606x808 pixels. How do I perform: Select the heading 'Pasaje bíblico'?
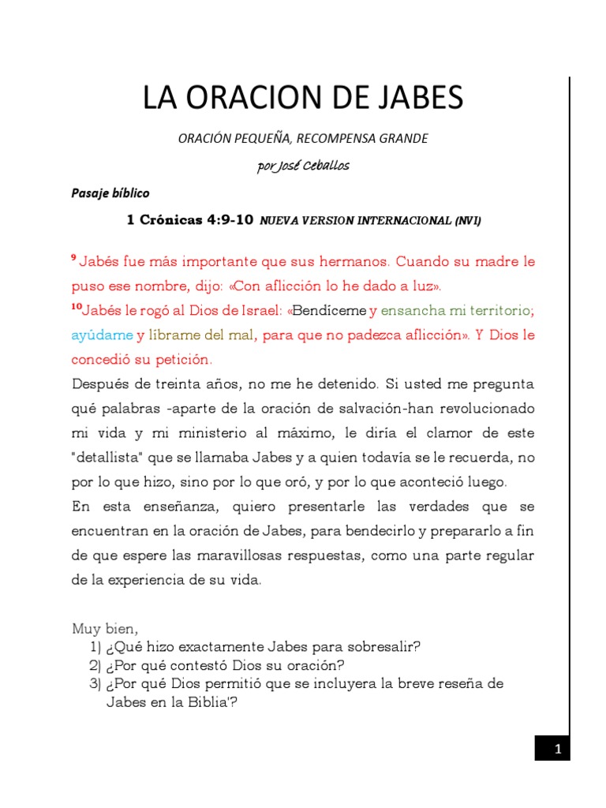pos(110,193)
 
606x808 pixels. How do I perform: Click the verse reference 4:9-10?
pos(228,221)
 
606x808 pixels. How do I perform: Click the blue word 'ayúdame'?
pos(102,335)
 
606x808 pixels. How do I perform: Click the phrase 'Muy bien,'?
pos(105,629)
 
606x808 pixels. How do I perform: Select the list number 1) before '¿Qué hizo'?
pos(97,647)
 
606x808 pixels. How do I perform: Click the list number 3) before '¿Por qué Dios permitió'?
pos(97,683)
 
